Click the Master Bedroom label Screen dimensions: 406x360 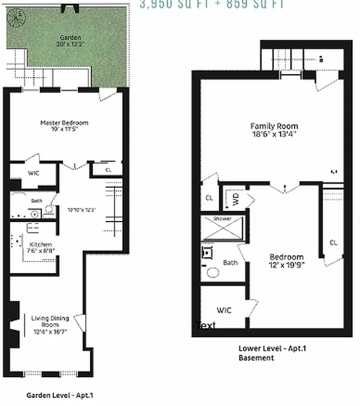[64, 126]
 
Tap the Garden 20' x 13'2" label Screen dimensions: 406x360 [70, 41]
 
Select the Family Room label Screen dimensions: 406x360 [274, 130]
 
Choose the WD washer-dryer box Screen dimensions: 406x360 [236, 199]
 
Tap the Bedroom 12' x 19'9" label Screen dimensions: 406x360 [286, 260]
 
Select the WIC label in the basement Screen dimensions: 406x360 [224, 310]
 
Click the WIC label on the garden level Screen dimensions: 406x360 [33, 173]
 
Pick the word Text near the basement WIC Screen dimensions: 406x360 [206, 325]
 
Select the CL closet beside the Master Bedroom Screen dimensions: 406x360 [109, 171]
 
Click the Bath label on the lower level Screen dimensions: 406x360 [230, 262]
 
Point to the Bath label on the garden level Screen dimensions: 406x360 [37, 201]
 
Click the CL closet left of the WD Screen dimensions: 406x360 [209, 198]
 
